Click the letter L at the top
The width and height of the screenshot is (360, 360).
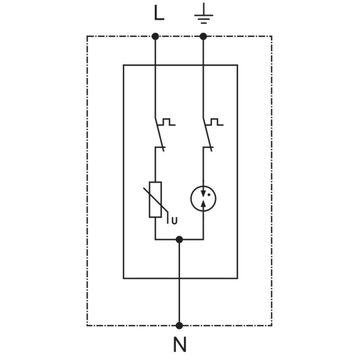(159, 13)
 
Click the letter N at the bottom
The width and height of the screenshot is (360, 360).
(179, 345)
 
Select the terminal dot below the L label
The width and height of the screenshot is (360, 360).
(155, 36)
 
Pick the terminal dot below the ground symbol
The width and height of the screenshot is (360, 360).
(203, 36)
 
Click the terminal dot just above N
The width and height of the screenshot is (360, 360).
(179, 325)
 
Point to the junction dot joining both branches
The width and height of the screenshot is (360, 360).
(179, 240)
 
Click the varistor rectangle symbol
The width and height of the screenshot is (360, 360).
(155, 200)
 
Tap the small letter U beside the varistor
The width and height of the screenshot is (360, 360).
(174, 221)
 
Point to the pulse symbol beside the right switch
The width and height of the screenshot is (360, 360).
(215, 122)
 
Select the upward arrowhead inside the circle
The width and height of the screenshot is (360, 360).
(204, 204)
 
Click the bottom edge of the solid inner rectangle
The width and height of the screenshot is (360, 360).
(180, 278)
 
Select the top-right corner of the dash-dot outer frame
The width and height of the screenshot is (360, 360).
(272, 36)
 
